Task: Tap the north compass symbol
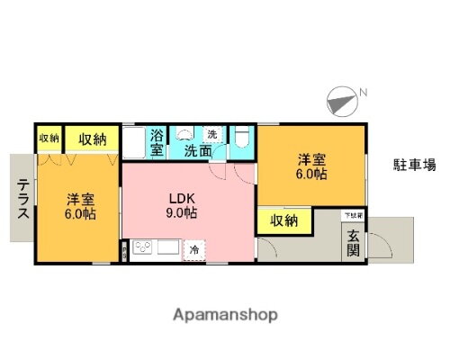[340, 98]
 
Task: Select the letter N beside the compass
[364, 92]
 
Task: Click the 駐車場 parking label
[415, 165]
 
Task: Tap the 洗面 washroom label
[198, 151]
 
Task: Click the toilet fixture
[241, 138]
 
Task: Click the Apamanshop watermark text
[224, 314]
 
